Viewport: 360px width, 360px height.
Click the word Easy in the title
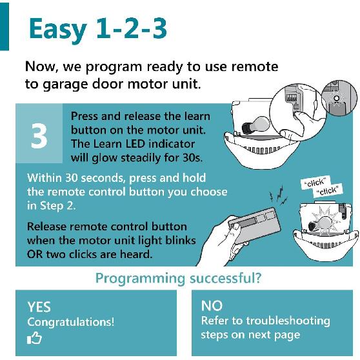(58, 30)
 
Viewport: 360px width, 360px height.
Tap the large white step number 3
(39, 135)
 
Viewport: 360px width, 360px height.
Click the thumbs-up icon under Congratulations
(34, 338)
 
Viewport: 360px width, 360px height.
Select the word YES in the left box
(39, 307)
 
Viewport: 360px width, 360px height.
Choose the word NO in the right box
(212, 306)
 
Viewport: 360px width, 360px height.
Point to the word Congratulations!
(71, 322)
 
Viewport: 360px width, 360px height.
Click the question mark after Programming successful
(258, 278)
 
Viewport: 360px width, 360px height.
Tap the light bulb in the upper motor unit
(255, 125)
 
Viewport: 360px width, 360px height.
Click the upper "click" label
(315, 183)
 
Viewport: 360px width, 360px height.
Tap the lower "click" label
(328, 190)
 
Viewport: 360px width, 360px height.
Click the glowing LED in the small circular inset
(336, 99)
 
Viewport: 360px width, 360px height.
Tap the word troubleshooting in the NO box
(288, 321)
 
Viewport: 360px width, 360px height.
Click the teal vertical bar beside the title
(5, 26)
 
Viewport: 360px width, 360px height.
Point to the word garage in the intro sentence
(65, 85)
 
